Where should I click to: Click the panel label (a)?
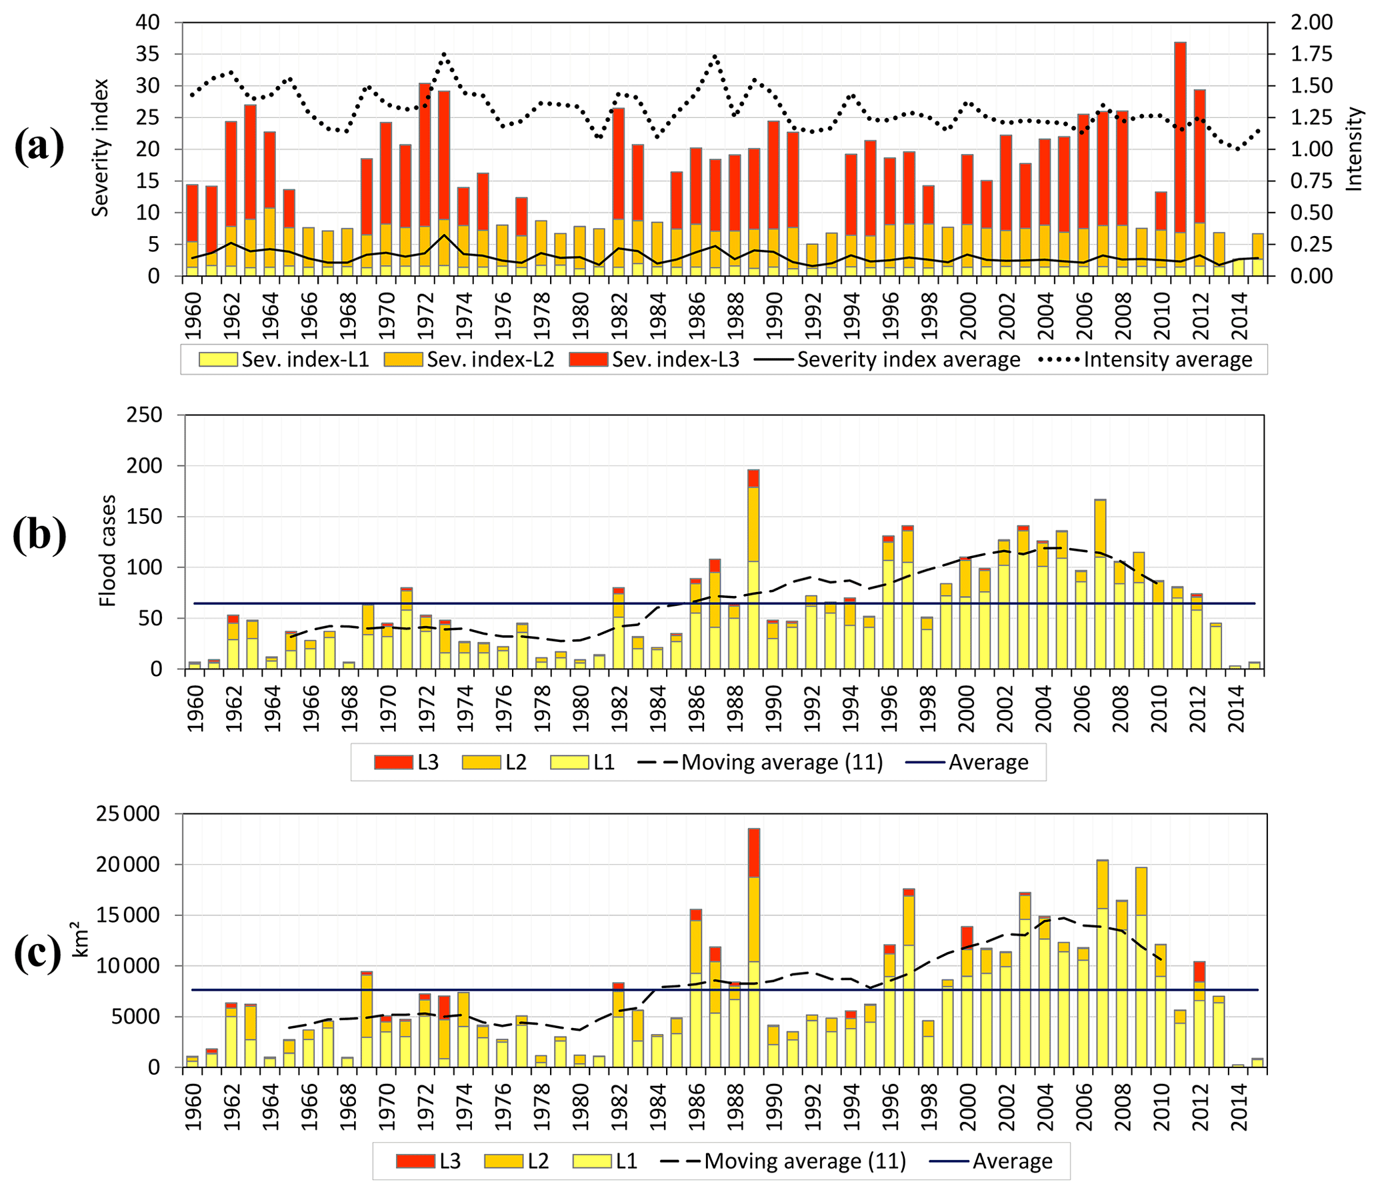pos(39,146)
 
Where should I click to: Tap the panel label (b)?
pos(39,535)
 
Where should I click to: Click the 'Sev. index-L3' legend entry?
pos(655,360)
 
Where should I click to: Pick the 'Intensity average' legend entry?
pos(1145,360)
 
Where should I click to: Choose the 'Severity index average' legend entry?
pos(887,360)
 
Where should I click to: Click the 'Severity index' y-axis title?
pos(100,148)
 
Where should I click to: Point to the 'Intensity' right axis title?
pos(1354,149)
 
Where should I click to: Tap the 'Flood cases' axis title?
pos(107,551)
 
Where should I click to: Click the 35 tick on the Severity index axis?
pos(148,54)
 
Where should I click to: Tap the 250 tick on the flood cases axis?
pos(144,415)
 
